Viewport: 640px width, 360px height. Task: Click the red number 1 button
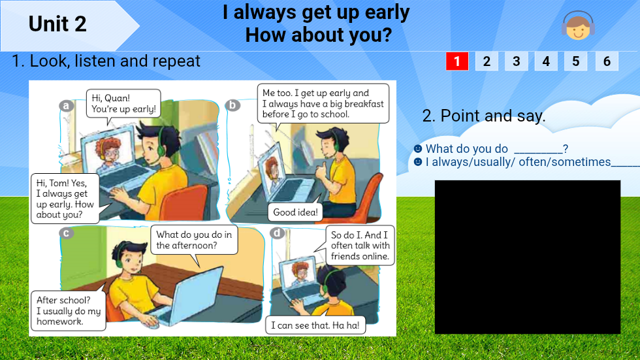coord(457,61)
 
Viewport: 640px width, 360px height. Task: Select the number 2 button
coord(487,61)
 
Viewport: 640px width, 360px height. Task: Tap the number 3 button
coord(516,61)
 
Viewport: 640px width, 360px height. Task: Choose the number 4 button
coord(546,61)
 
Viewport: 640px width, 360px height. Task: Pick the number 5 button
coord(575,61)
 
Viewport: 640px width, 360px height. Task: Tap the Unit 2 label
coord(57,24)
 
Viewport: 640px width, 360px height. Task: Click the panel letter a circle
coord(65,106)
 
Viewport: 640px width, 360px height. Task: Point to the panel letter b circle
coord(232,105)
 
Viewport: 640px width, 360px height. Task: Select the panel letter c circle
coord(65,233)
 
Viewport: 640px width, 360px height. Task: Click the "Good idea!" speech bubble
coord(295,212)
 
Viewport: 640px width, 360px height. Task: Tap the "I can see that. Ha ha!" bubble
coord(315,325)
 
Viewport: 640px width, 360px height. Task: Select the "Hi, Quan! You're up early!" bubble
coord(123,104)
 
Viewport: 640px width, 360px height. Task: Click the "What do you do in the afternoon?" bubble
coord(194,240)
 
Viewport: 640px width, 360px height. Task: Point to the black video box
coord(527,257)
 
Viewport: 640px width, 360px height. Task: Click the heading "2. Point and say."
coord(484,116)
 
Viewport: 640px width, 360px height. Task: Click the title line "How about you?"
coord(318,35)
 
